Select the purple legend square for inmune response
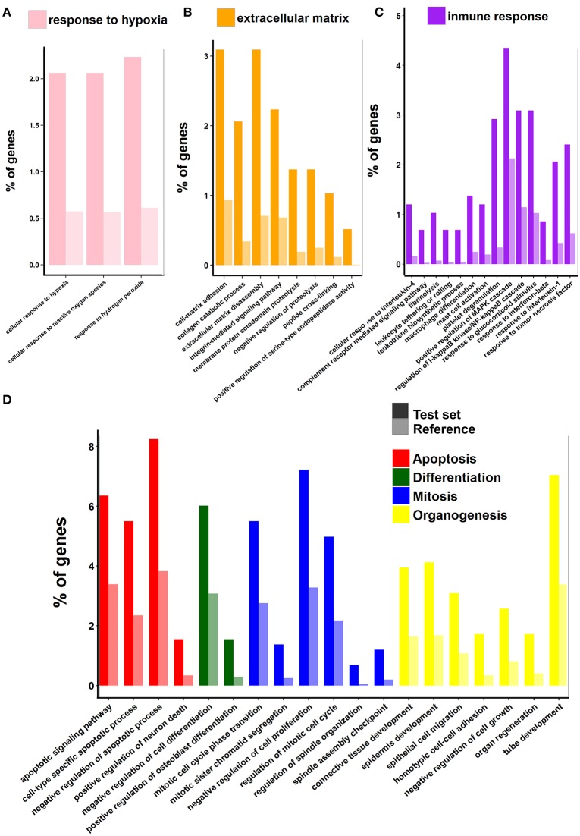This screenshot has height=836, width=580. pos(436,15)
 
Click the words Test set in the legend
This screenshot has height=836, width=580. pos(437,413)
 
